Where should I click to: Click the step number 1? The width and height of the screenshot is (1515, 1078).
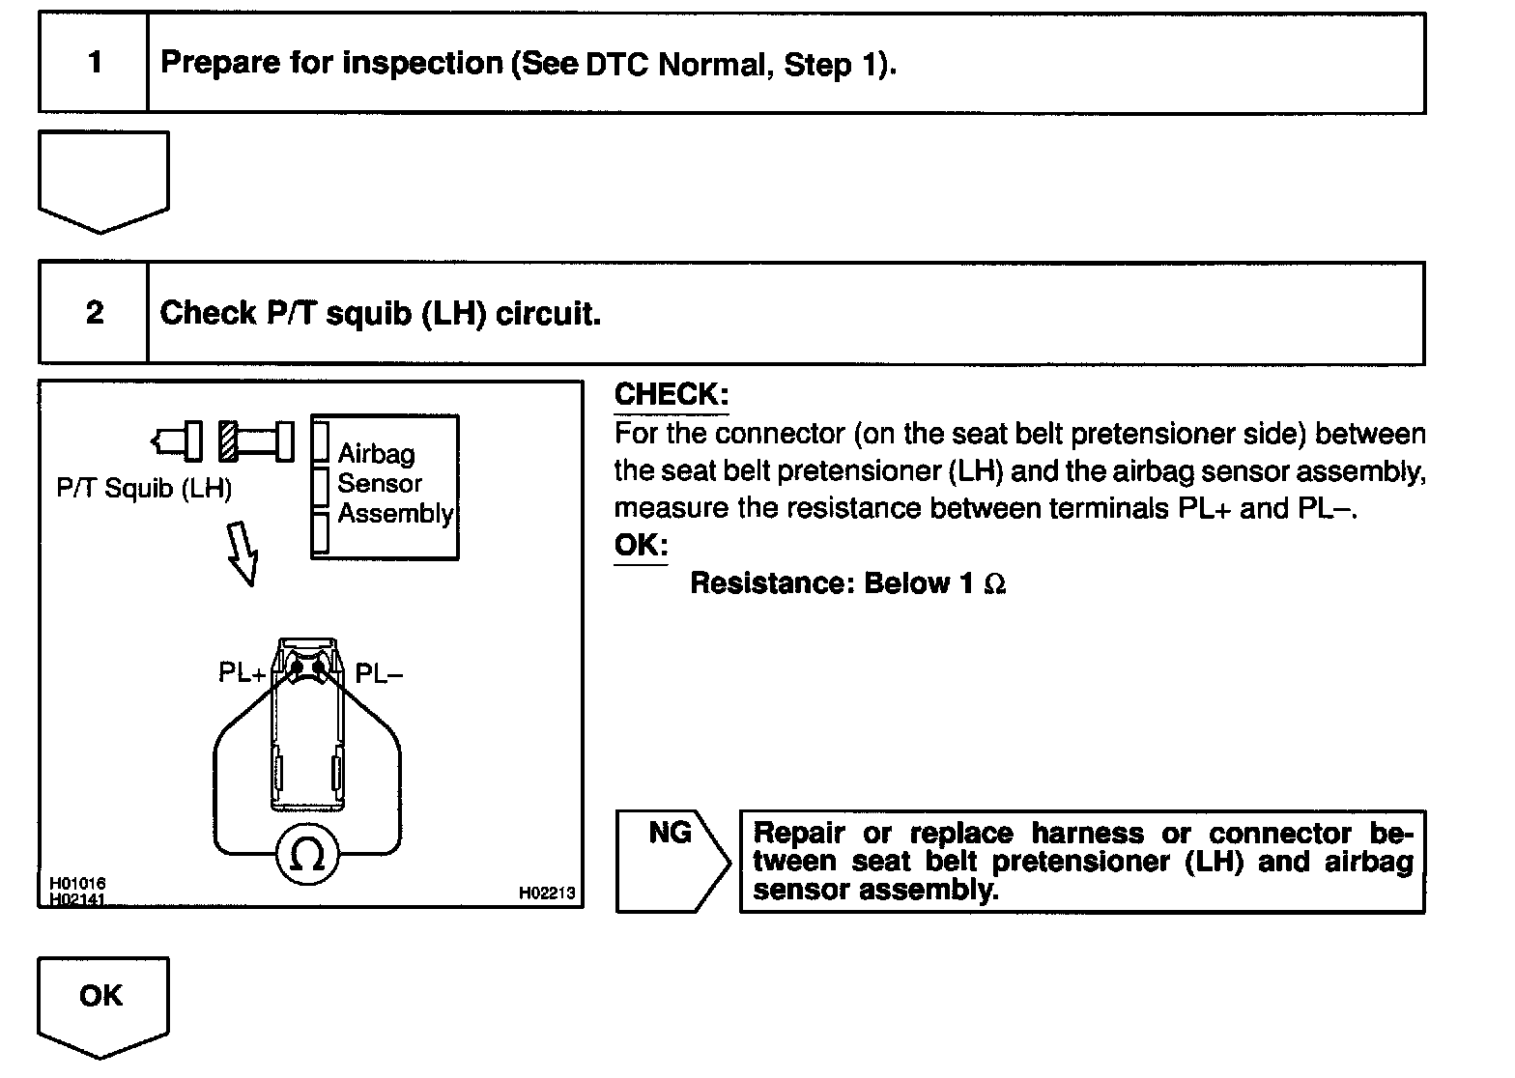click(94, 63)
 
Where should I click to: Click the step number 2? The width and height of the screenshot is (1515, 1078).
click(94, 313)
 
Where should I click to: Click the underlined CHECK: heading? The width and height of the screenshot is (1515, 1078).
click(672, 395)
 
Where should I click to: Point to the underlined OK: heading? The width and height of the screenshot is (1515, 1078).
click(641, 545)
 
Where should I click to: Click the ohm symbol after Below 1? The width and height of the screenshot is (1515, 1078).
click(995, 584)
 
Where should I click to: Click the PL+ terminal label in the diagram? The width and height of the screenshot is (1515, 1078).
click(242, 672)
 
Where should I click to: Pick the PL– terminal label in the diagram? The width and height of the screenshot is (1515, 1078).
click(379, 672)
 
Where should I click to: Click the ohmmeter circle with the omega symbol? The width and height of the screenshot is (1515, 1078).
click(307, 854)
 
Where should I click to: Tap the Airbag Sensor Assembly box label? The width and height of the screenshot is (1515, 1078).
click(394, 484)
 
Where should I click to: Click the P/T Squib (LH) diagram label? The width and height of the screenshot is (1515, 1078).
click(145, 489)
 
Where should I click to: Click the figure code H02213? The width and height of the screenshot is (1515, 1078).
click(546, 894)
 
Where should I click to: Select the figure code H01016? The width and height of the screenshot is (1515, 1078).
click(78, 884)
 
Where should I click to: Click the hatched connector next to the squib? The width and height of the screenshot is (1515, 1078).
click(228, 441)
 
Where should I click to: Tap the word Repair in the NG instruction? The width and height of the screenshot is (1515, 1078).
click(799, 834)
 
